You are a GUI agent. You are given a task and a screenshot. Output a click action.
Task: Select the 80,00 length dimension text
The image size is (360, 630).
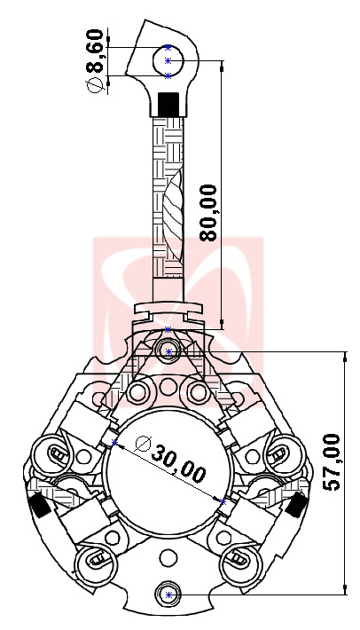pyautogui.click(x=209, y=213)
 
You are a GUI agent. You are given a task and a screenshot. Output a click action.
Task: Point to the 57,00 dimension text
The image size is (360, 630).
pyautogui.click(x=331, y=462)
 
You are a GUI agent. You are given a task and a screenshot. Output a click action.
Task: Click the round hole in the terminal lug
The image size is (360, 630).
pyautogui.click(x=169, y=60)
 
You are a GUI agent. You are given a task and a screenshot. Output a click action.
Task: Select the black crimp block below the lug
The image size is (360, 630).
pyautogui.click(x=168, y=103)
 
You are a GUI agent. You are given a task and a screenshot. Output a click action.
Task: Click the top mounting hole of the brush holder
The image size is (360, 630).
pyautogui.click(x=169, y=352)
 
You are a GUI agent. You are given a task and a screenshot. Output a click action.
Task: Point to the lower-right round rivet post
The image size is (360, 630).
pyautogui.click(x=241, y=560)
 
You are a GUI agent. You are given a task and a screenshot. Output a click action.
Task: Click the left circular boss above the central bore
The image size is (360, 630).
pyautogui.click(x=138, y=391)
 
